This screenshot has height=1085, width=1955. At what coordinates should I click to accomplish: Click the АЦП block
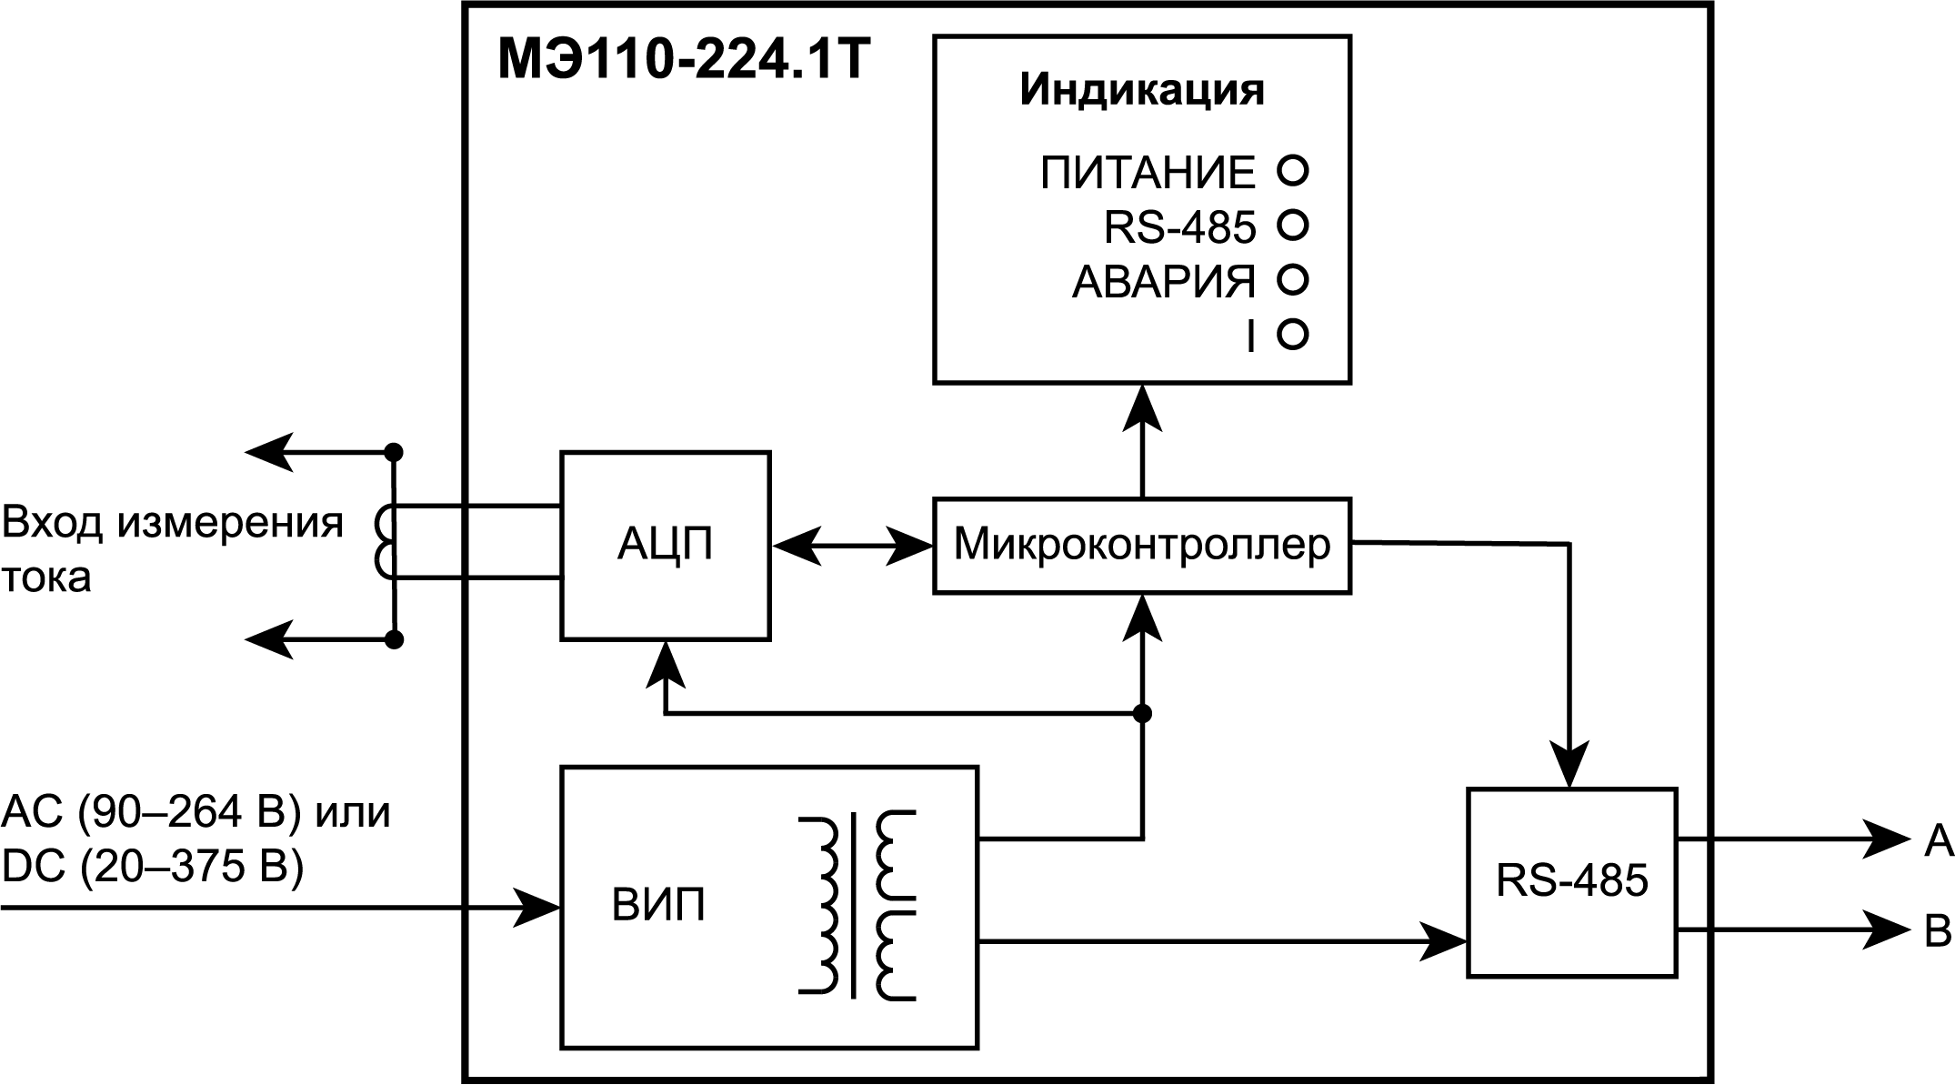(665, 546)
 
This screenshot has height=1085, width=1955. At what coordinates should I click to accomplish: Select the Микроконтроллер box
(1141, 546)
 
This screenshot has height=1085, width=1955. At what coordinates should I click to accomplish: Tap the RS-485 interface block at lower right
(1571, 881)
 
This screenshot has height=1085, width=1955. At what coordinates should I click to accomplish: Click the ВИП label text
(658, 907)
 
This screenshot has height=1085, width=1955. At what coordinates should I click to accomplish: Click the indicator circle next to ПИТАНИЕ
(1292, 170)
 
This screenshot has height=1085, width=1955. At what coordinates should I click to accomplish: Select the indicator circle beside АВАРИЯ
(1292, 279)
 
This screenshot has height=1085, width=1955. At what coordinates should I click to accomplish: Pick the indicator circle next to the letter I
(1292, 335)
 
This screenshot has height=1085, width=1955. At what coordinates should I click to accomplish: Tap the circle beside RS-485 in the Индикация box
(1292, 225)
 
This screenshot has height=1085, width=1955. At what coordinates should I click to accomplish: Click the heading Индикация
(1141, 90)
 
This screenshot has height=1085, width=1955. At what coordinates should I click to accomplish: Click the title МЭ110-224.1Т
(684, 63)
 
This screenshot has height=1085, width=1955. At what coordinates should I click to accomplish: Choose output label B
(1938, 931)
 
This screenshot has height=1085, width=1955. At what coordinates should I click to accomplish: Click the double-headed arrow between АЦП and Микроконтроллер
(852, 546)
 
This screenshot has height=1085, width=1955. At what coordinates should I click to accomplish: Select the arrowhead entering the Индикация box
(1142, 406)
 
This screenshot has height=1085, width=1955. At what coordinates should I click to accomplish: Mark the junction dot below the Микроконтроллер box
(1142, 713)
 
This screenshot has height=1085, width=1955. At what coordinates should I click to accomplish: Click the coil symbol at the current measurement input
(385, 543)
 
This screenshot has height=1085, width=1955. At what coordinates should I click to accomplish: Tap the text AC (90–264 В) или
(195, 811)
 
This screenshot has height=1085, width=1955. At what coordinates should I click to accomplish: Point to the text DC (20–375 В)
(153, 867)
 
